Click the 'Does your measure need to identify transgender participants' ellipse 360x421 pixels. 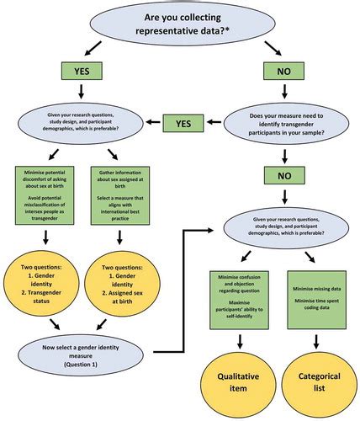[287, 128]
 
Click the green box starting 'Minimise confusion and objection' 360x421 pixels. [243, 296]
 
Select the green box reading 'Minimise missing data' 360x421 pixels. [317, 296]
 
